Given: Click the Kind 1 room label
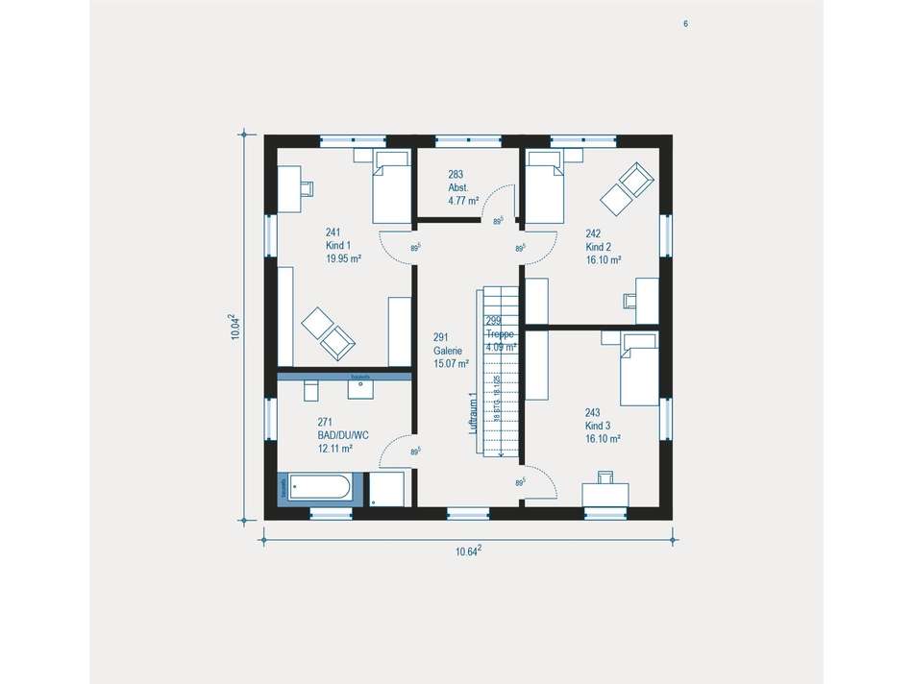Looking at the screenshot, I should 342,245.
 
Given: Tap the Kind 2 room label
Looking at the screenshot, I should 603,246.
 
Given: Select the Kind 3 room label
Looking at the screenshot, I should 603,425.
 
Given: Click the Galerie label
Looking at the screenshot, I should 450,351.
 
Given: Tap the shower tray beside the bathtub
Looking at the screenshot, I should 388,488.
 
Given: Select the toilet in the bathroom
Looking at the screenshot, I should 310,390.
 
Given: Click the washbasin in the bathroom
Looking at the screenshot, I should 361,386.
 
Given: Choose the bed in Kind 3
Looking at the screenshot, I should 637,369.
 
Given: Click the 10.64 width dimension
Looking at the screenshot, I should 468,550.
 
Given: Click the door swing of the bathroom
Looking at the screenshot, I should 397,452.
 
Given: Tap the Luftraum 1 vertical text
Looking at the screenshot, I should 472,413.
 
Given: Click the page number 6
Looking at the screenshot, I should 685,24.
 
